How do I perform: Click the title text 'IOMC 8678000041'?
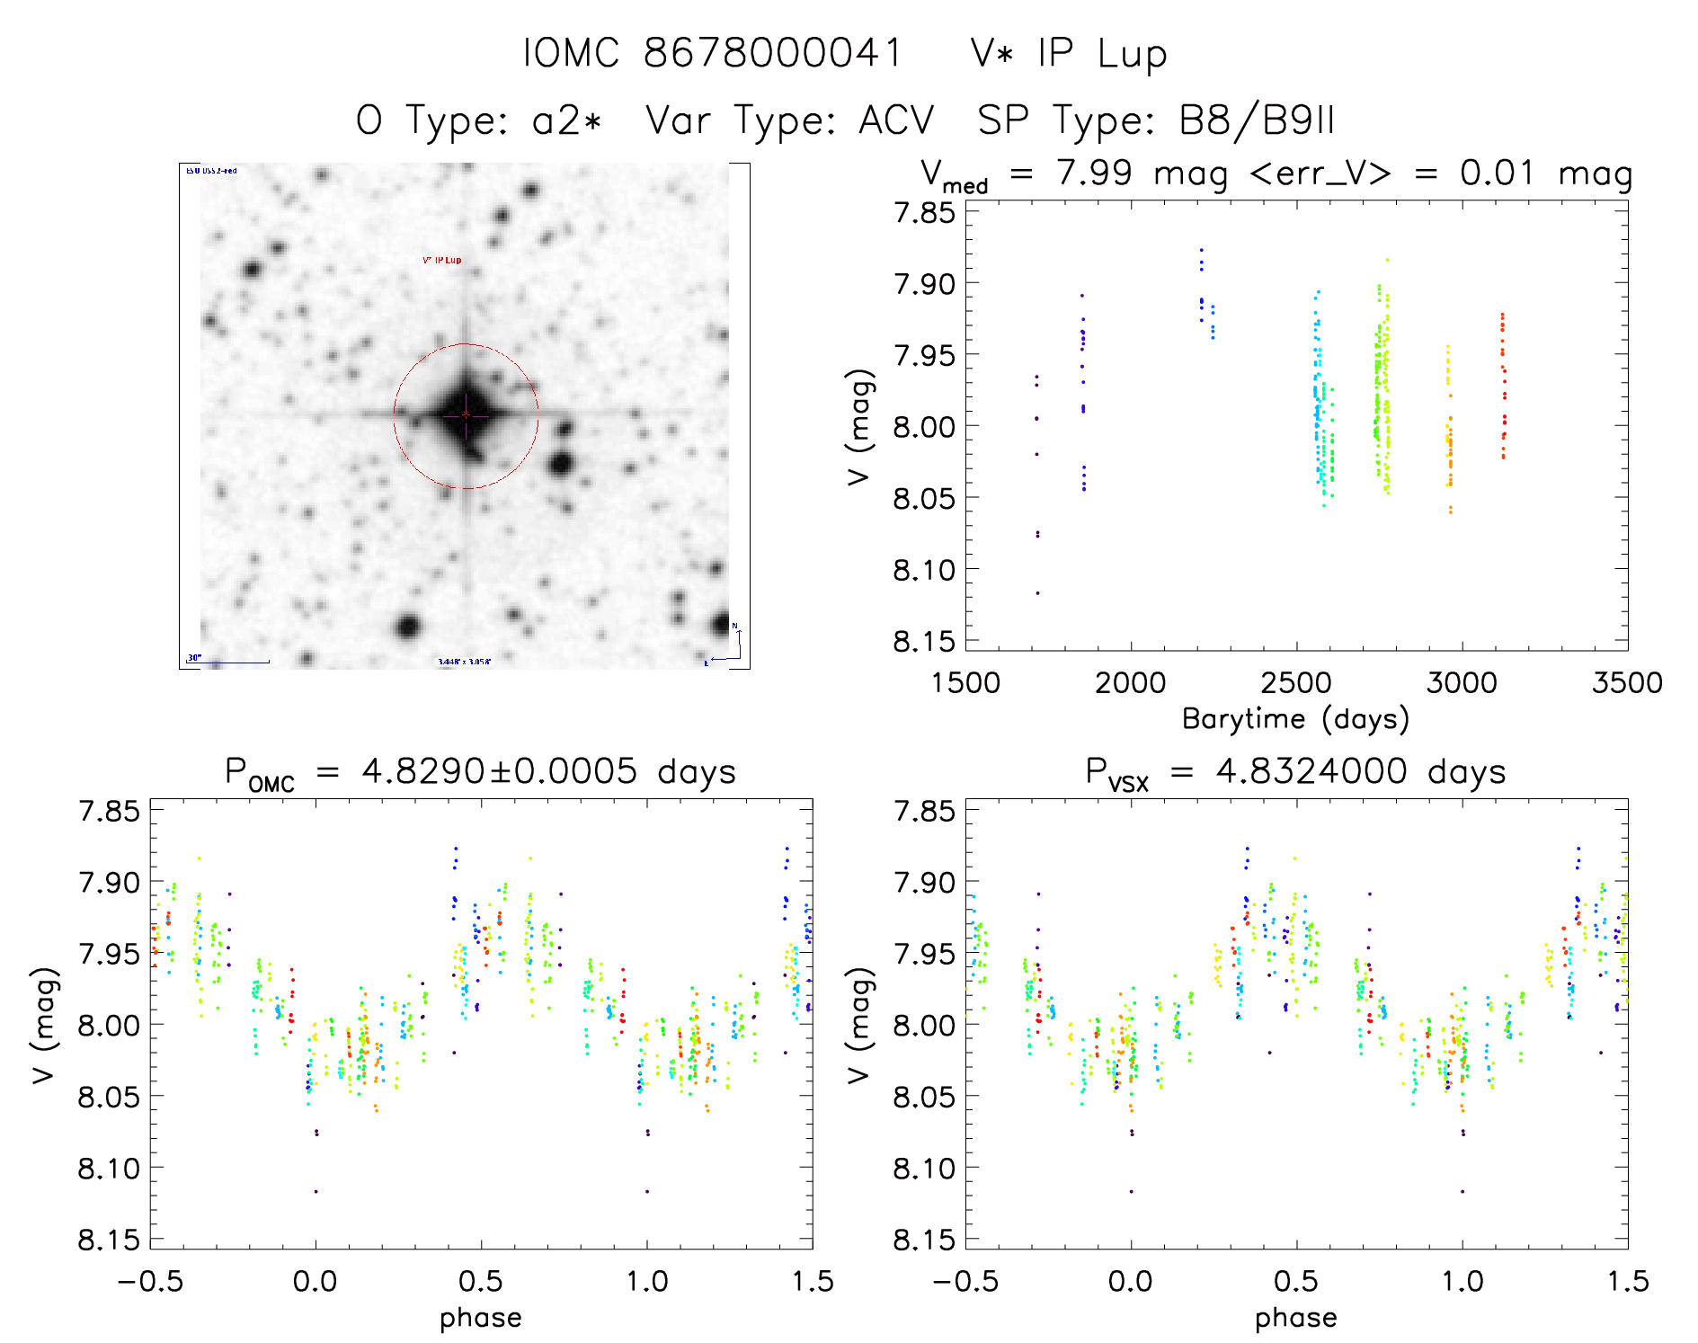tap(712, 54)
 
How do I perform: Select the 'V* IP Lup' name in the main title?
tap(1069, 54)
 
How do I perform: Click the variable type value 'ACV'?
tap(896, 120)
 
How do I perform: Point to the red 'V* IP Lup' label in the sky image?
tap(441, 261)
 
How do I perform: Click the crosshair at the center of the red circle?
tap(466, 414)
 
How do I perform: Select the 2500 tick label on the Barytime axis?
tap(1296, 683)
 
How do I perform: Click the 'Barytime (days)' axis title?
tap(1295, 719)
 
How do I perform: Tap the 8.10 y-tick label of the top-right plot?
tap(923, 570)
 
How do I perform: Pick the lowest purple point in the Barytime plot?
tap(1037, 593)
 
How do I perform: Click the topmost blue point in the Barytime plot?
tap(1201, 250)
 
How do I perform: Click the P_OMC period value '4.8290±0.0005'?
tap(499, 771)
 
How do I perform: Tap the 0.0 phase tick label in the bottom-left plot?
tap(316, 1281)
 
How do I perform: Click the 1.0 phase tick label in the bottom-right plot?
tap(1462, 1281)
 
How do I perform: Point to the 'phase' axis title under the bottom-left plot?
tap(481, 1318)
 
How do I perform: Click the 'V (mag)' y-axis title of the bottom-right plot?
tap(858, 1025)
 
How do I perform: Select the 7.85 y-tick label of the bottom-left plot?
tap(110, 812)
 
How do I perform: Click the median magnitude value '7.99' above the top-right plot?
tap(1094, 173)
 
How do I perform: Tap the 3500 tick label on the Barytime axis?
tap(1627, 683)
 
